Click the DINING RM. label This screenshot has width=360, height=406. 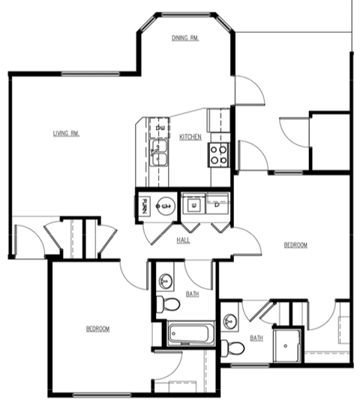[x=184, y=38]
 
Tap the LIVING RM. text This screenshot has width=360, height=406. [x=66, y=133]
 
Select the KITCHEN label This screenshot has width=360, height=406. [x=190, y=137]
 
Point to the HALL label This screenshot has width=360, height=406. [x=183, y=240]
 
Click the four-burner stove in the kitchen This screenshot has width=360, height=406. [x=219, y=154]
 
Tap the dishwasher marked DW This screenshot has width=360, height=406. [x=158, y=129]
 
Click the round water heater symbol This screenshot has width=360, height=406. [x=165, y=204]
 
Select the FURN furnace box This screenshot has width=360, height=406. [x=143, y=204]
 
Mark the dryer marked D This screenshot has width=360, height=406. [x=217, y=204]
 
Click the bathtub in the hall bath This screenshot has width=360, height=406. [x=191, y=332]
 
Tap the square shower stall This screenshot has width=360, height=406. [x=287, y=344]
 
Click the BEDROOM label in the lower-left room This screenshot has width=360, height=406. [x=97, y=329]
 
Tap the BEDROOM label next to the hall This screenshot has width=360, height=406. [x=295, y=245]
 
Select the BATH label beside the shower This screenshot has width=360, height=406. [x=256, y=337]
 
